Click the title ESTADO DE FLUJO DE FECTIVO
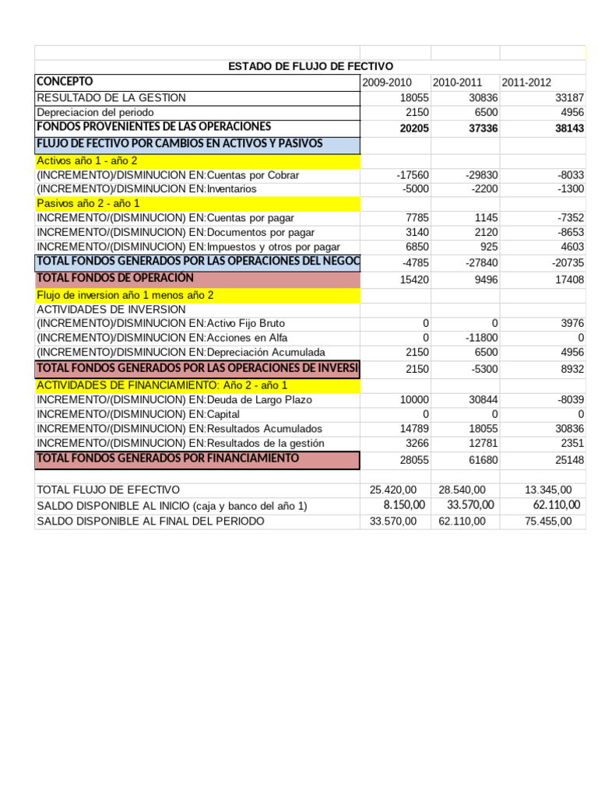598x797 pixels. click(x=310, y=67)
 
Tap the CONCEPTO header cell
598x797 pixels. click(x=65, y=82)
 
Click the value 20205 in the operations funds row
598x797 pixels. click(x=414, y=128)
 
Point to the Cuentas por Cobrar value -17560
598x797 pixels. click(x=413, y=175)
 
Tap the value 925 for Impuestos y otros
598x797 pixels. click(x=488, y=247)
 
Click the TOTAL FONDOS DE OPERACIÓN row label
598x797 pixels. click(x=114, y=278)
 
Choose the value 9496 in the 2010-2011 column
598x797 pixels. click(x=484, y=279)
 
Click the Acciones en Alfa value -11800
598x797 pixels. click(x=481, y=338)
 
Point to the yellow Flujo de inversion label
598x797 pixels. click(x=125, y=296)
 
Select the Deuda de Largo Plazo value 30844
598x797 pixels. click(x=483, y=399)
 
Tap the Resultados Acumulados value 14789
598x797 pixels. click(x=414, y=429)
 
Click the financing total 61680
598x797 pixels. click(x=483, y=461)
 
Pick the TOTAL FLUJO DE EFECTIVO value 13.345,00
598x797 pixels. click(x=549, y=490)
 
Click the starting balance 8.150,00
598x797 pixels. click(x=404, y=505)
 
